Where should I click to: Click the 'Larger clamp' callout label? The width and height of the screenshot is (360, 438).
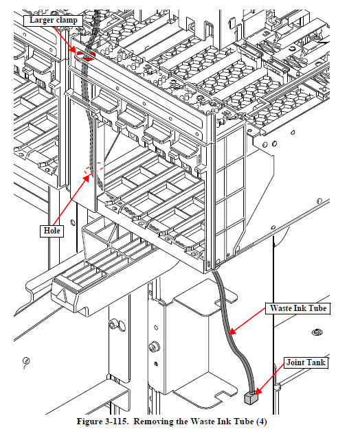coord(53,21)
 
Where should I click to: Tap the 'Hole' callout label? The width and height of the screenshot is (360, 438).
coord(52,231)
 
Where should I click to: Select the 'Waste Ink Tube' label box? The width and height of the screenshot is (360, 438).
coord(297,308)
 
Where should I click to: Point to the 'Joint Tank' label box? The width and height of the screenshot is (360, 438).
coord(306,362)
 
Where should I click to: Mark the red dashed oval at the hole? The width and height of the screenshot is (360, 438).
coord(94,168)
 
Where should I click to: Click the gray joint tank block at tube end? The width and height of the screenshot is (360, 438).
coord(251,398)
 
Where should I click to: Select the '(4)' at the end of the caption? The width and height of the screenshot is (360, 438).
coord(262,422)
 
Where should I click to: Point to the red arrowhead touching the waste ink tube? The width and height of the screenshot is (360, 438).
coord(232,332)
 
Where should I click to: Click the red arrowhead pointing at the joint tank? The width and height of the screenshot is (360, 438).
coord(258,391)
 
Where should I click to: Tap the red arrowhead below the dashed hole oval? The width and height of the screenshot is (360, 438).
coord(88,178)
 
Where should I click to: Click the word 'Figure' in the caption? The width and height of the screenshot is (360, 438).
coord(89,422)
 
